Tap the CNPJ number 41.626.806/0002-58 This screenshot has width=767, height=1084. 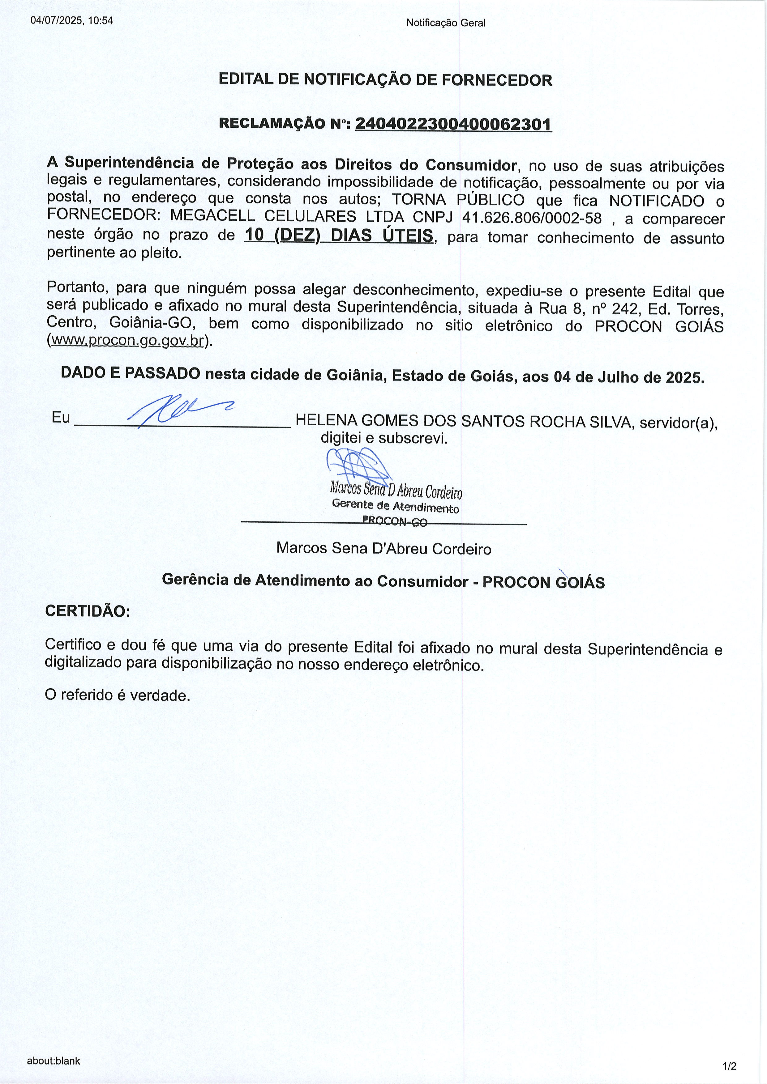coord(532,218)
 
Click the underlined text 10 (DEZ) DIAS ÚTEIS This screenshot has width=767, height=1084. coord(339,235)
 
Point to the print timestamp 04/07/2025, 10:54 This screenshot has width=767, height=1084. coord(72,21)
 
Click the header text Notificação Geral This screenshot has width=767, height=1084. coord(445,23)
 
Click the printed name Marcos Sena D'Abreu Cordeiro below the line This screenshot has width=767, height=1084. coord(383,548)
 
